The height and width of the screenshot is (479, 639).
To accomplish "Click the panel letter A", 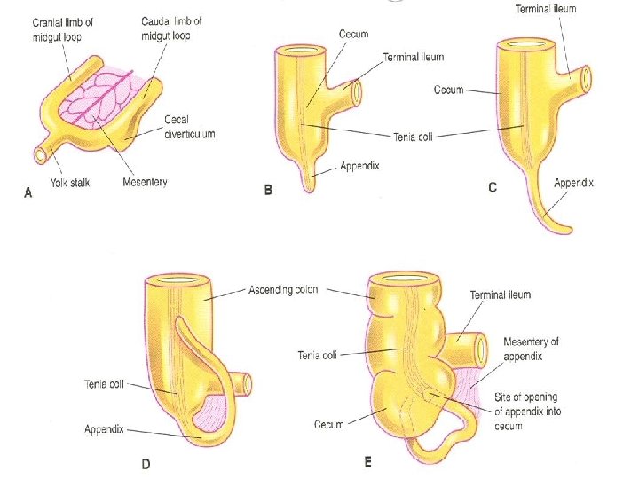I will point(28,199).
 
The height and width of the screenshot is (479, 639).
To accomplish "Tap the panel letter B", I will point(268,190).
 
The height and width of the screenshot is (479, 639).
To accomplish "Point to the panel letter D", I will point(147,463).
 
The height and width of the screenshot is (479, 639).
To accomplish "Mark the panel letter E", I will point(367,462).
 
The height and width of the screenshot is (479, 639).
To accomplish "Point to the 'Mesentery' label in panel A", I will point(143,183).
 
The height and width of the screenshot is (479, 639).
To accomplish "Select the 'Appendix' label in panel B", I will point(359,166).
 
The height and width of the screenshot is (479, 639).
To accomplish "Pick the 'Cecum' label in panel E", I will point(328,425).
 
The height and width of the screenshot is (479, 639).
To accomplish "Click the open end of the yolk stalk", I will point(40,154).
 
